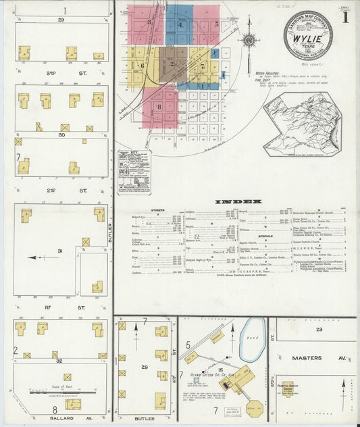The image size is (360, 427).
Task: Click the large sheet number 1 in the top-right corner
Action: point(346,18)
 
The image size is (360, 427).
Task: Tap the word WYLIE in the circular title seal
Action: point(307,39)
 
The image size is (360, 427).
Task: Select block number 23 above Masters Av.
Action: point(319,330)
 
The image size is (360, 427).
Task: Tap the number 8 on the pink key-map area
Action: point(159,106)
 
